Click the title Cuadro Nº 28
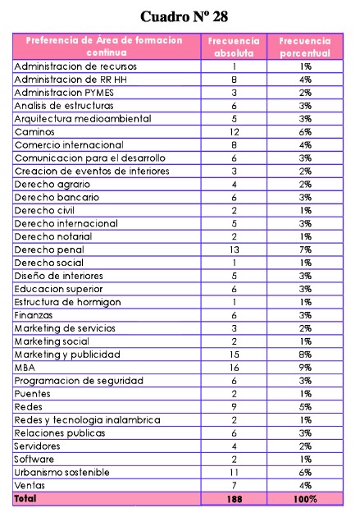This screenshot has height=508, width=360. coord(184,16)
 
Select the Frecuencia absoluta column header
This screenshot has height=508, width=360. coord(234,46)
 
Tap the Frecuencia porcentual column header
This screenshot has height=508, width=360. coord(304,46)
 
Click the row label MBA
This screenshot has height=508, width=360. coord(25,367)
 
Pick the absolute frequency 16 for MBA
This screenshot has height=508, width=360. coord(234,367)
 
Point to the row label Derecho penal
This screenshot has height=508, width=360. coord(49,249)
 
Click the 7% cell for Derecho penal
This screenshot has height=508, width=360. coord(304,249)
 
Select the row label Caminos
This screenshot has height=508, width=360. coord(35,131)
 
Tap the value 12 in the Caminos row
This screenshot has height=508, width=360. coord(234,131)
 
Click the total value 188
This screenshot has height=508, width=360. coord(234,498)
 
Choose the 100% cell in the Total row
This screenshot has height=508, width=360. coord(304,498)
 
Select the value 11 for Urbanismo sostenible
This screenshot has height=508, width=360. coord(234,472)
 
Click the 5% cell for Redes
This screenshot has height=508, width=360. coord(304,406)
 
